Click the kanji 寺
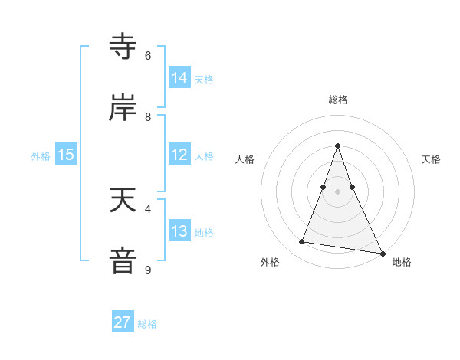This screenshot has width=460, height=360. click(x=123, y=47)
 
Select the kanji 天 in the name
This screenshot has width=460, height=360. click(x=123, y=200)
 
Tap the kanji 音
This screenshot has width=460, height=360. click(x=123, y=260)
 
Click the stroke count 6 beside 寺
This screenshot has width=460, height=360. click(x=148, y=55)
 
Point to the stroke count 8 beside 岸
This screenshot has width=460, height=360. click(x=148, y=116)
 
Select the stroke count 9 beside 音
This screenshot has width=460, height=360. click(x=148, y=270)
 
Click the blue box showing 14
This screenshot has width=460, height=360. click(x=179, y=78)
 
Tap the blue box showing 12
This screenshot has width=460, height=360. click(x=179, y=155)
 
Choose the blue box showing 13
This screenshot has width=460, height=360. click(x=179, y=231)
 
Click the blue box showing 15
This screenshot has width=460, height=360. click(x=66, y=155)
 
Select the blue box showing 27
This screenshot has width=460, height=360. click(x=123, y=322)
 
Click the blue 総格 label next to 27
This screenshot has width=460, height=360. click(x=147, y=324)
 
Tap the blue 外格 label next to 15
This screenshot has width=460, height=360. click(x=41, y=156)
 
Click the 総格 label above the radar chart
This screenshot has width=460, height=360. click(x=337, y=100)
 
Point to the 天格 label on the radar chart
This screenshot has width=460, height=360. click(x=431, y=159)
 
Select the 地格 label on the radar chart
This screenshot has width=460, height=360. click(x=402, y=263)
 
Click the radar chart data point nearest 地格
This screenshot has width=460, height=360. click(x=382, y=252)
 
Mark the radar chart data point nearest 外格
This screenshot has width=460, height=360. click(x=302, y=242)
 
